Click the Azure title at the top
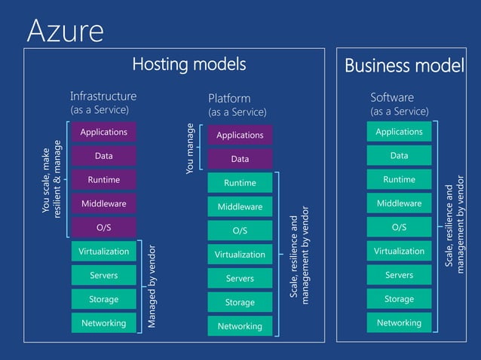[x=65, y=30]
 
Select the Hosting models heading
[x=189, y=65]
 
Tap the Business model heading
[x=404, y=66]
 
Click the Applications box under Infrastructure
[x=103, y=132]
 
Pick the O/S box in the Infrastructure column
[x=103, y=227]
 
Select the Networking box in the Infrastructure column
[x=103, y=323]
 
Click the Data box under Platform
[x=240, y=159]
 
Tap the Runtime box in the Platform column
[x=240, y=183]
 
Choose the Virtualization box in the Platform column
[x=240, y=255]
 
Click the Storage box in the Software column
[x=399, y=299]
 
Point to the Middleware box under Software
[x=399, y=203]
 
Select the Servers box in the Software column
[x=399, y=275]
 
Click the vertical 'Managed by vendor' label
[x=152, y=285]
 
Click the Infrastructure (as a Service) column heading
[x=103, y=102]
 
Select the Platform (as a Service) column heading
[x=237, y=105]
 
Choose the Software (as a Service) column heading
[x=399, y=104]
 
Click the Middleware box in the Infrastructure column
[x=103, y=203]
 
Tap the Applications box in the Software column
[x=399, y=132]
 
